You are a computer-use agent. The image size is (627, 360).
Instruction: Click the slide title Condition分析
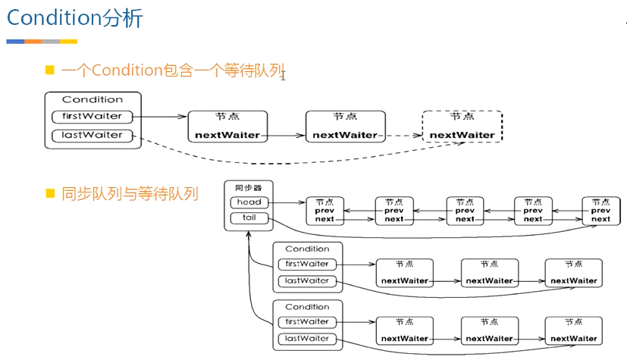(74, 18)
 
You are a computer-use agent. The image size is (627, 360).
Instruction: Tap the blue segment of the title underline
(15, 42)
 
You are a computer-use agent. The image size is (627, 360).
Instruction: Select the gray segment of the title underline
(51, 42)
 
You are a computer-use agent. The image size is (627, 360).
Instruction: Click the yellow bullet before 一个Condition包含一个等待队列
(50, 70)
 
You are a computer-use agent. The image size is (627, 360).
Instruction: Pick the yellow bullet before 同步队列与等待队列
(50, 193)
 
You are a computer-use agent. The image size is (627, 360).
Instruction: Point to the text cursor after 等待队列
(283, 75)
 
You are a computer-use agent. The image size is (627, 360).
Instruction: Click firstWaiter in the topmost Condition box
(92, 117)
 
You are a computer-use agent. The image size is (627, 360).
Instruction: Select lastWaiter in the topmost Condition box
(92, 136)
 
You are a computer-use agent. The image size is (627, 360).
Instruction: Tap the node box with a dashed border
(462, 127)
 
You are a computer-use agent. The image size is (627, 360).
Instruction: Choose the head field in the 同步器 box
(249, 202)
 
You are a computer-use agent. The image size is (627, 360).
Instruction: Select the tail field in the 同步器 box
(249, 218)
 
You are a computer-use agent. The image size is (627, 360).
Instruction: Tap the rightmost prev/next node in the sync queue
(600, 211)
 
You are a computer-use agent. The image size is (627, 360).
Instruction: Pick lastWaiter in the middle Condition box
(307, 281)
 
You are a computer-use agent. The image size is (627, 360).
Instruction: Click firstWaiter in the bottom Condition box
(307, 322)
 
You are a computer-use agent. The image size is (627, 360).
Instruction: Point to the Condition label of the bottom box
(307, 307)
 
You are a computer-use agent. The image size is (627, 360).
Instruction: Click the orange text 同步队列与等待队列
(130, 194)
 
